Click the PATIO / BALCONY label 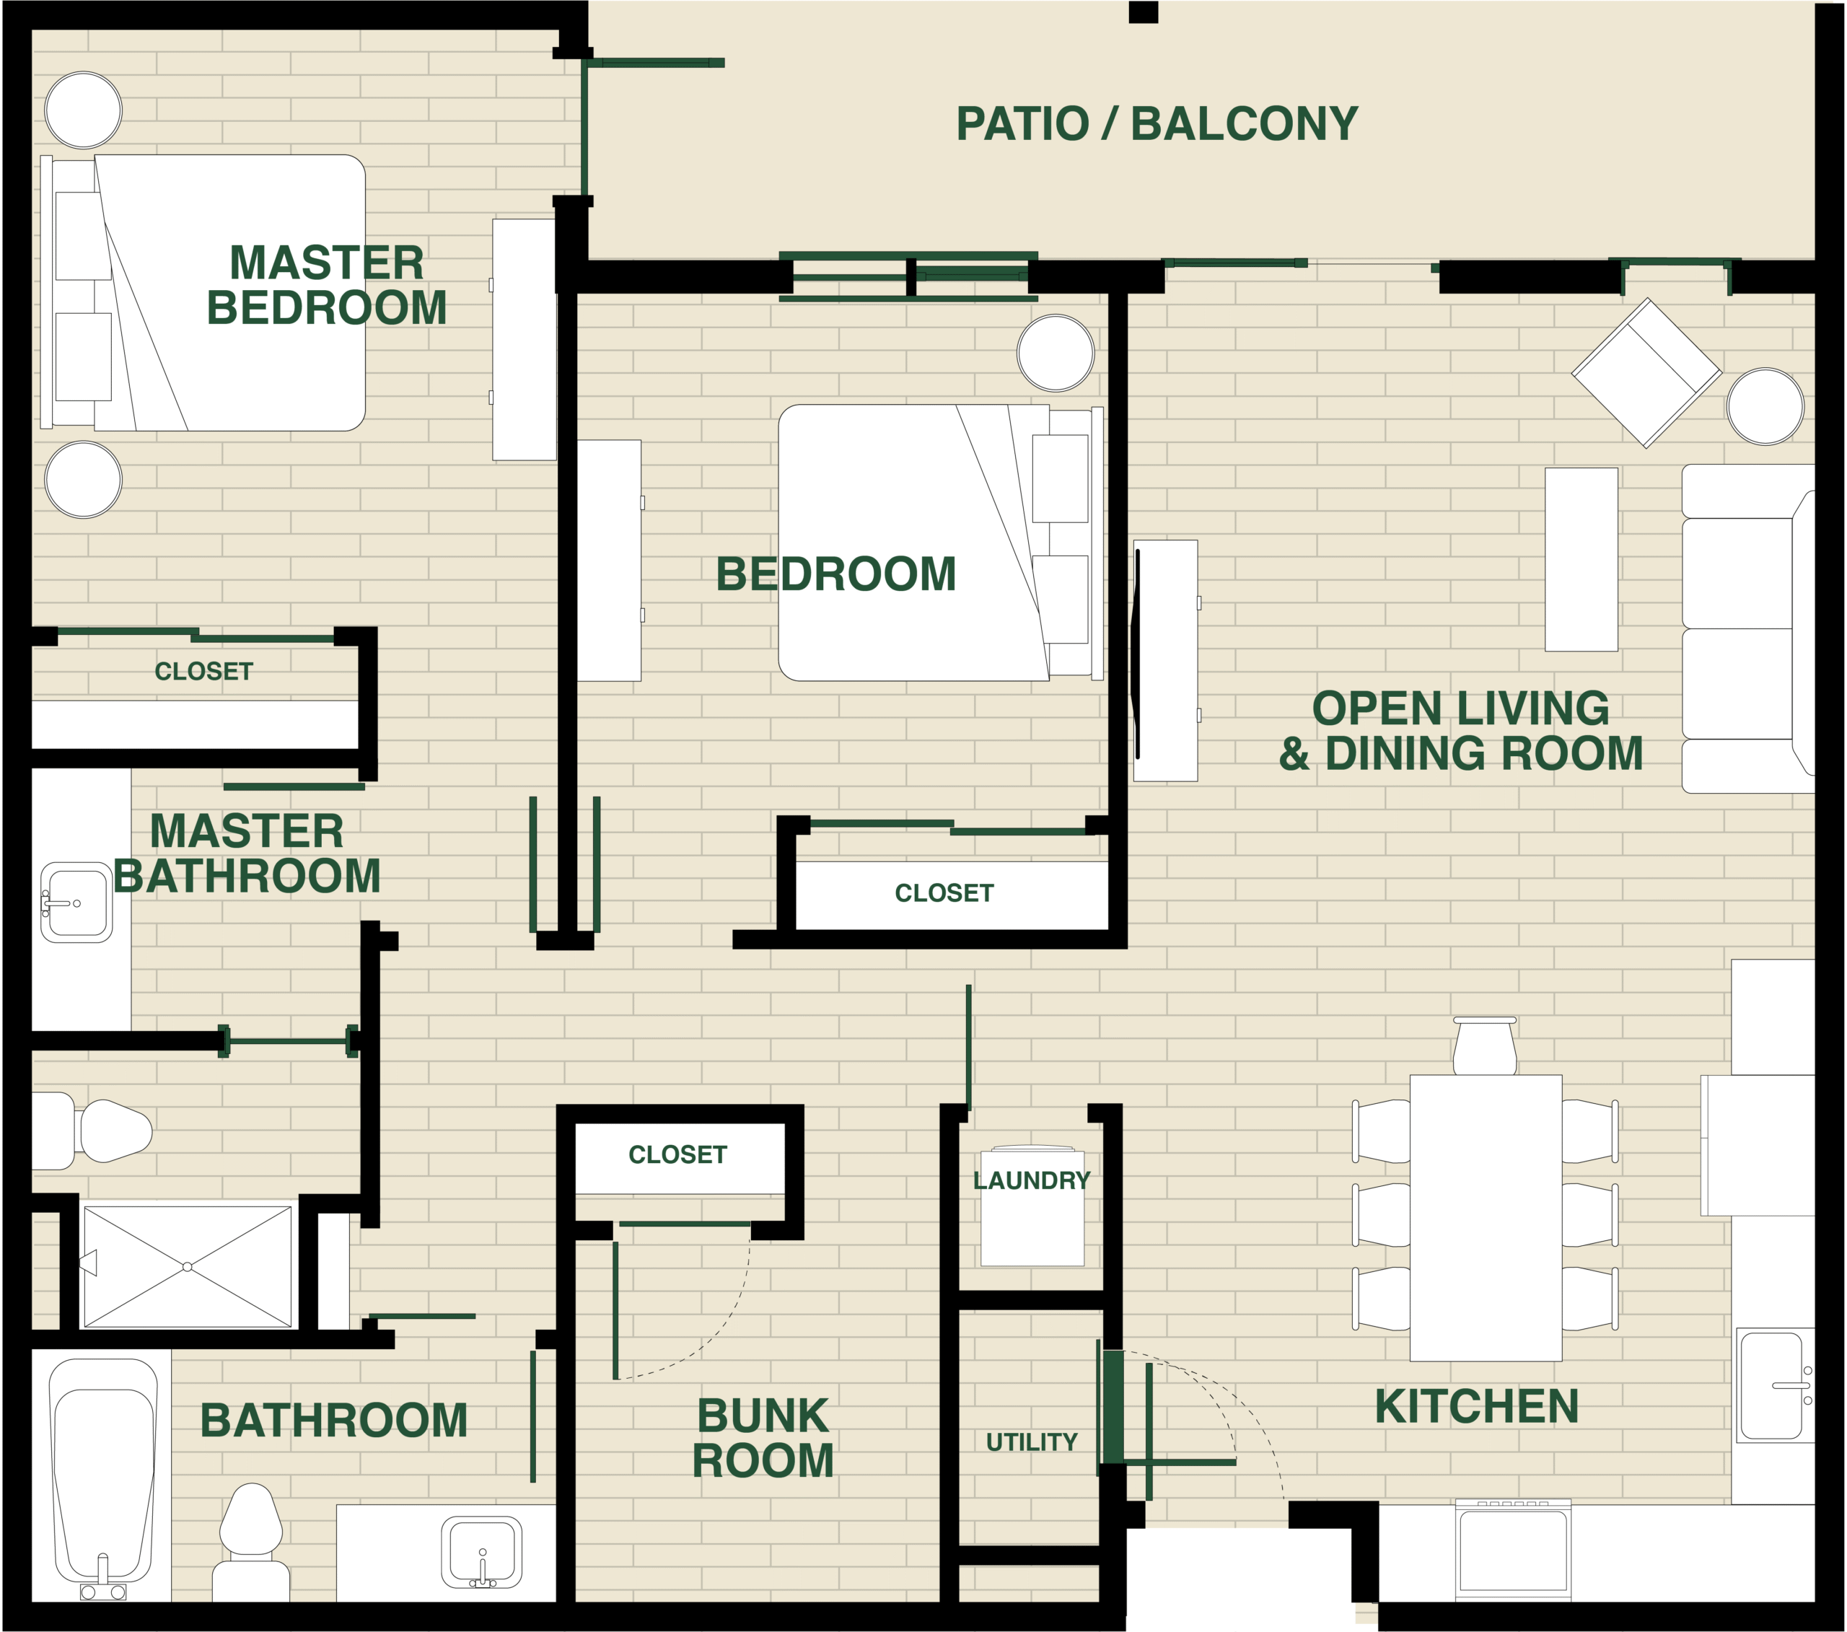click(x=1157, y=124)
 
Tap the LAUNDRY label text click(x=1031, y=1180)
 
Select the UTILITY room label click(x=1031, y=1442)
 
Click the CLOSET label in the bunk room click(x=677, y=1155)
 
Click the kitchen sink click(x=1772, y=1385)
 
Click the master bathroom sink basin click(x=76, y=902)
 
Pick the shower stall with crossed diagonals click(x=188, y=1266)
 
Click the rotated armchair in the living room click(x=1646, y=373)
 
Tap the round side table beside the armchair click(x=1765, y=407)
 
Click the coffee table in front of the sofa click(x=1581, y=558)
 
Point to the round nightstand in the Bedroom click(x=1055, y=352)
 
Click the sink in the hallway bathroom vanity click(x=482, y=1552)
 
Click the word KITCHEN click(x=1476, y=1407)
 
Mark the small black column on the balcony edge click(x=1143, y=13)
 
